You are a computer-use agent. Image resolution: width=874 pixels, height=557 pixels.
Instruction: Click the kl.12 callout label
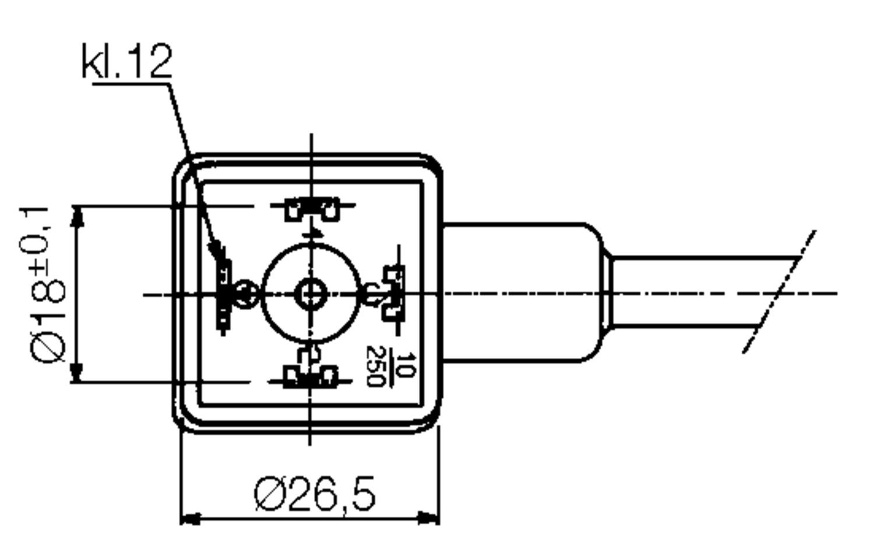[x=127, y=61]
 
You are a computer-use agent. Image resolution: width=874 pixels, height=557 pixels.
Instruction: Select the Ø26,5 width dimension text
[x=315, y=494]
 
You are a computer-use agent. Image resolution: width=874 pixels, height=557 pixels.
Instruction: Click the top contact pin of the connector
[x=313, y=208]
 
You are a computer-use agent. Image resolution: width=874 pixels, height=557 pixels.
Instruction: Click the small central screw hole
[x=311, y=294]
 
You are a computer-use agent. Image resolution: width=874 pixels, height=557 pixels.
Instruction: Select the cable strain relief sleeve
[x=521, y=293]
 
